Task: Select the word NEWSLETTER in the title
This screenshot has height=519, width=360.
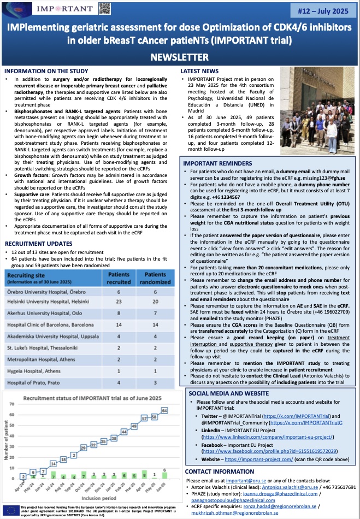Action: click(180, 57)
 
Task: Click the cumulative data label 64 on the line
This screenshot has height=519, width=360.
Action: click(163, 410)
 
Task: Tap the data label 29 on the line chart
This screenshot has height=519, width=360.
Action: click(83, 447)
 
